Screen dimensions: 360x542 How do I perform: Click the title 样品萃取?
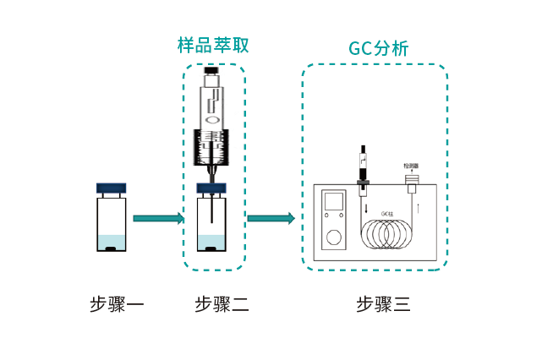click(213, 45)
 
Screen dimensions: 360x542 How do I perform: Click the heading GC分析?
click(378, 49)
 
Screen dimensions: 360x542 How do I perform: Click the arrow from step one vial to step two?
click(158, 219)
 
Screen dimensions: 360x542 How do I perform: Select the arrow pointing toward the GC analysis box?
click(271, 219)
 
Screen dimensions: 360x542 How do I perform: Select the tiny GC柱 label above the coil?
click(388, 213)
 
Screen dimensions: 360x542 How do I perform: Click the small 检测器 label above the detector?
click(412, 166)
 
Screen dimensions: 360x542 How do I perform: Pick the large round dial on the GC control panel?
click(336, 237)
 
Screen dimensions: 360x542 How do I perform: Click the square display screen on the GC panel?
click(335, 203)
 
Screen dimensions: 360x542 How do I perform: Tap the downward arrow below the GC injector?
click(366, 208)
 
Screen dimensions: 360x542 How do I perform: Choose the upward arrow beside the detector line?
click(418, 205)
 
